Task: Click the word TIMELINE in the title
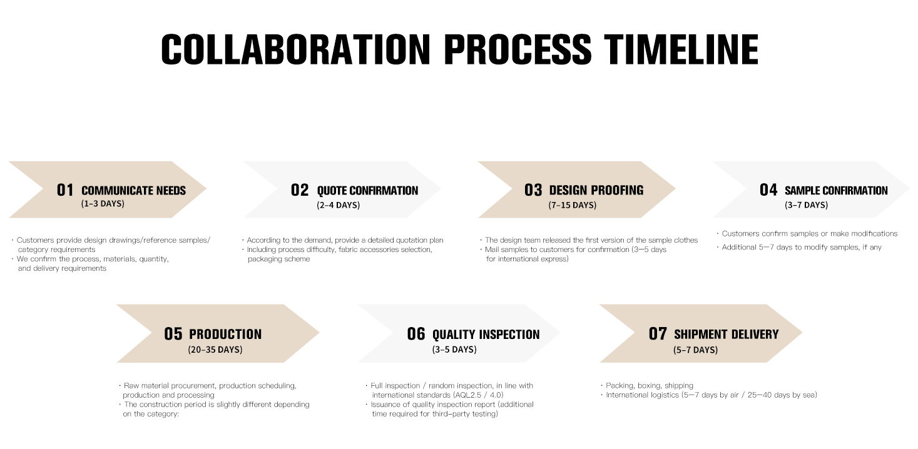681,49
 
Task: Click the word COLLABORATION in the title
295,49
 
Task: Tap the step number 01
65,190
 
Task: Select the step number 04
768,189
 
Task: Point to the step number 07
658,334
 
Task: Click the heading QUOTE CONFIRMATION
367,191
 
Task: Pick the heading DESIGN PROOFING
596,190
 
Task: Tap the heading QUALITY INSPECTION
486,335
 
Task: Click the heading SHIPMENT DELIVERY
727,335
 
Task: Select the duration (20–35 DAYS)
215,350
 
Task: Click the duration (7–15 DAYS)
572,205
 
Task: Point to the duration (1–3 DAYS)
103,204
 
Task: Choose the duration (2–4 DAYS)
338,205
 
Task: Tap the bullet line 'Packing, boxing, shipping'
649,385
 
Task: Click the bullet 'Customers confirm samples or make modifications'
809,233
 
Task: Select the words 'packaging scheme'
278,259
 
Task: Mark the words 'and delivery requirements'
62,268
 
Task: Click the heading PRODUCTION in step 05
225,335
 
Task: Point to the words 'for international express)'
527,259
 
